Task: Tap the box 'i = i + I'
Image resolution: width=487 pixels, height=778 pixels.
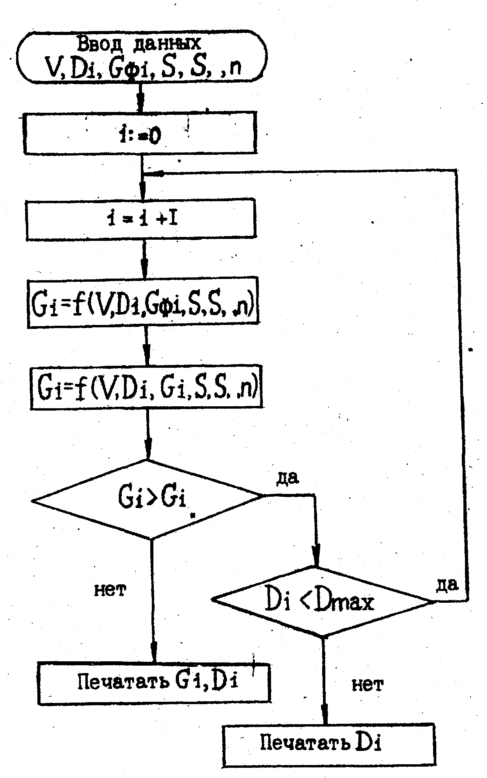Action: pyautogui.click(x=140, y=219)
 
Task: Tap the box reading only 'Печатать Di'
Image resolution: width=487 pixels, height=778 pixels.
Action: pyautogui.click(x=329, y=745)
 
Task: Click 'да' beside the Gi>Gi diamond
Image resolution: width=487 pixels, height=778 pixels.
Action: pyautogui.click(x=288, y=477)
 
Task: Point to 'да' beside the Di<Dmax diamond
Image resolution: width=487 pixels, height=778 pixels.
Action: pyautogui.click(x=447, y=585)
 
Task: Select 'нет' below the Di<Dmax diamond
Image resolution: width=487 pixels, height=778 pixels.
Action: pyautogui.click(x=367, y=685)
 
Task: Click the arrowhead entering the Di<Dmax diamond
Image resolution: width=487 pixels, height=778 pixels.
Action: pyautogui.click(x=316, y=558)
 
